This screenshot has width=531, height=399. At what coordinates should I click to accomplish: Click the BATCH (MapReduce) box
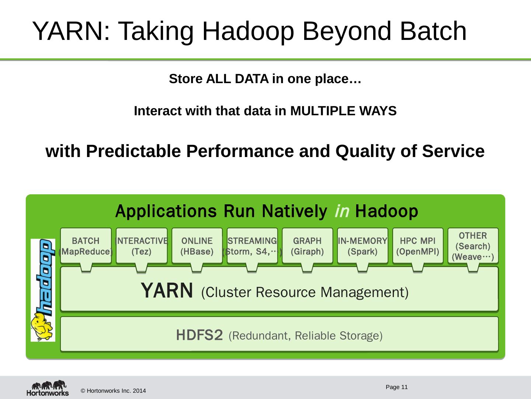(86, 246)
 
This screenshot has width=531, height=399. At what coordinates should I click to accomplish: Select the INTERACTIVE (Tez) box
(142, 246)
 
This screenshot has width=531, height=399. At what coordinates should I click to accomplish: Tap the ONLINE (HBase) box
(197, 246)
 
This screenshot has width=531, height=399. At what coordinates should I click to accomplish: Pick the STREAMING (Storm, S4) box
(252, 246)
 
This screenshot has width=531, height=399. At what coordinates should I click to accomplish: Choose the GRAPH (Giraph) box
(307, 246)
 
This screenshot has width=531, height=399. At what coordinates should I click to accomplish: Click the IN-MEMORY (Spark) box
(362, 246)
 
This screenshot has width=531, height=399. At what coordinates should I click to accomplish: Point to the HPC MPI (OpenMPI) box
(418, 246)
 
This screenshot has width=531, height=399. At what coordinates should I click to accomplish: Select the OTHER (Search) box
(473, 246)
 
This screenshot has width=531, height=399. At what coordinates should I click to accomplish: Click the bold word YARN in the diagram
(167, 291)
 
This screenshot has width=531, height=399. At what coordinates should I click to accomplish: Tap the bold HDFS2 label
(199, 335)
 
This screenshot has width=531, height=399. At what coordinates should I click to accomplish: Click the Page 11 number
(396, 387)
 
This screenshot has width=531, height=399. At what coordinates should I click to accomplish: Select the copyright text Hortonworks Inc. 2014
(113, 391)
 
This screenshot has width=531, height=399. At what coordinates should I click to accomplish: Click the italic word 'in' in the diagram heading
(342, 212)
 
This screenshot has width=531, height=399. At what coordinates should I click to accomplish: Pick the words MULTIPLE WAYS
(343, 111)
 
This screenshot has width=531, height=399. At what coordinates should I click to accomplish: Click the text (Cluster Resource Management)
(305, 293)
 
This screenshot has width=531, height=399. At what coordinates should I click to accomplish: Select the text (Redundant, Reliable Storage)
(306, 336)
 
